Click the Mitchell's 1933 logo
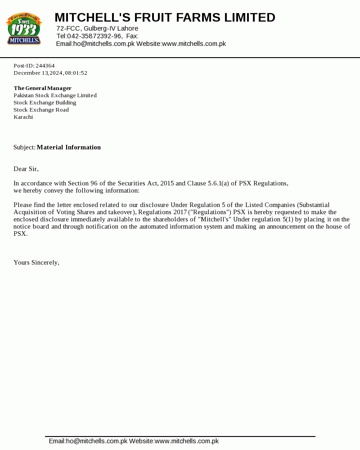23,29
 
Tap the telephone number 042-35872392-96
94,36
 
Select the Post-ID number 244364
45,66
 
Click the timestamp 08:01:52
76,73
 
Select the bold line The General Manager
42,88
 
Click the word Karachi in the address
23,117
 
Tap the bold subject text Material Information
69,147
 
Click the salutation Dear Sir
26,169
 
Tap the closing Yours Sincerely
36,262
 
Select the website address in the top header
193,44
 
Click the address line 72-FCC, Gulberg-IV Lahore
97,28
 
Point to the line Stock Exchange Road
41,110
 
